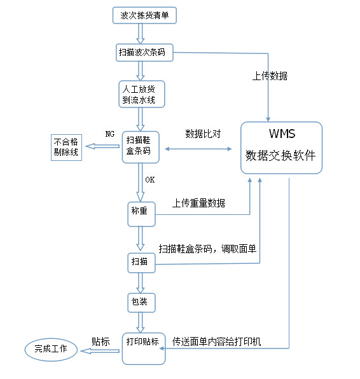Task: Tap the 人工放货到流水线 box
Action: [x=141, y=93]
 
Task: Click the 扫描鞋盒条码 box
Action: [x=139, y=146]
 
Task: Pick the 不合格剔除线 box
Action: [x=67, y=147]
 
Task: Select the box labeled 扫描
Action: [x=141, y=261]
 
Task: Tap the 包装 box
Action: [x=141, y=301]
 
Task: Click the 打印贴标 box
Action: [x=143, y=348]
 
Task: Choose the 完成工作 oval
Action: [x=50, y=349]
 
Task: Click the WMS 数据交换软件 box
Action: [x=281, y=147]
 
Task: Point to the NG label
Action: [x=109, y=134]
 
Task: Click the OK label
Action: [x=149, y=180]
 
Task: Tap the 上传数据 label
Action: [x=270, y=76]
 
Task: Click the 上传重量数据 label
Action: [x=198, y=203]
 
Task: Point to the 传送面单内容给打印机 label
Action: [x=217, y=341]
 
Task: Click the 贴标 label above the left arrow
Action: [x=102, y=341]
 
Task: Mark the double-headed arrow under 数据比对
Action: [x=198, y=149]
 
